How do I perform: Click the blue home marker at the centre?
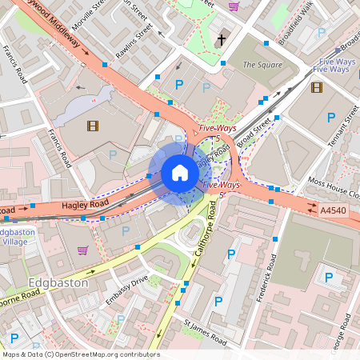[180, 173]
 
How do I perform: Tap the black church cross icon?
[222, 38]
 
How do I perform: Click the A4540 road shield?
[334, 210]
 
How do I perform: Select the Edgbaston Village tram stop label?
[18, 237]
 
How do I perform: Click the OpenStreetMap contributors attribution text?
[80, 354]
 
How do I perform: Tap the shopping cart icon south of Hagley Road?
[83, 250]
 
